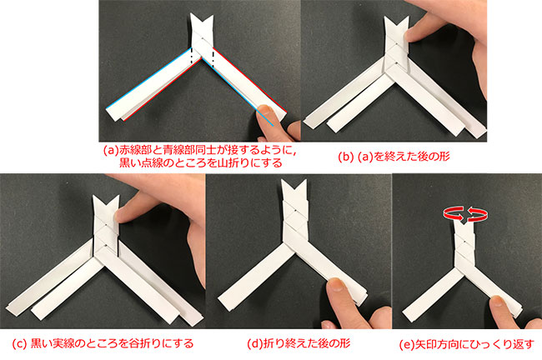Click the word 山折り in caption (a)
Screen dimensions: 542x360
click(231, 162)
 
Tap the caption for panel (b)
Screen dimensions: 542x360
click(394, 157)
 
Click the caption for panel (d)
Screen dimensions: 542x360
click(299, 343)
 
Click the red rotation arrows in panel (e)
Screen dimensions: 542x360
click(465, 214)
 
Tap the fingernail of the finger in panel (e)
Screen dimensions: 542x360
click(497, 300)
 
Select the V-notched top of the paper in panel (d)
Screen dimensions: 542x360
click(294, 189)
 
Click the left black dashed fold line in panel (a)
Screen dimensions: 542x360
click(190, 55)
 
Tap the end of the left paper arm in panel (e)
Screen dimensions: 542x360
click(409, 315)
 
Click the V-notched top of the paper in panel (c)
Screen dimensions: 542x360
click(106, 206)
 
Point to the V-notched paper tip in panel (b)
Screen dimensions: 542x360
click(397, 27)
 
